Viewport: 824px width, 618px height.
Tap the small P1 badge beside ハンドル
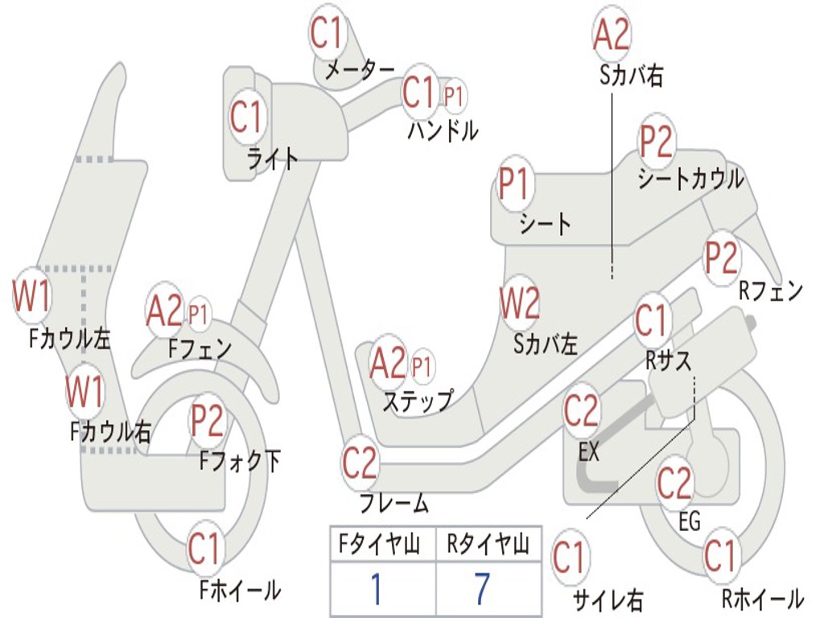click(454, 97)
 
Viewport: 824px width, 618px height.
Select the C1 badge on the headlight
click(247, 116)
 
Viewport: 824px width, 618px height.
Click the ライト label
click(272, 159)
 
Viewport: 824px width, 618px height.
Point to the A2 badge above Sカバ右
click(611, 35)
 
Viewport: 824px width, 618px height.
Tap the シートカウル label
click(690, 179)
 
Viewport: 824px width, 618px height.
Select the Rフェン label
click(771, 291)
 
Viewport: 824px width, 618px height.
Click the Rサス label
click(669, 361)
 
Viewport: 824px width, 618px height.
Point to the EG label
click(690, 521)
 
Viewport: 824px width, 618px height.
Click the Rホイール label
click(761, 599)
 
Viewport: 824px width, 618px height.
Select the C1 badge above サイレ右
click(570, 557)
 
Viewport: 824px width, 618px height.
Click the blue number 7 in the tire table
click(482, 590)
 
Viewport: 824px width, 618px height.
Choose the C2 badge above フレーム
click(360, 463)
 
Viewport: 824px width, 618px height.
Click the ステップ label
click(417, 400)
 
